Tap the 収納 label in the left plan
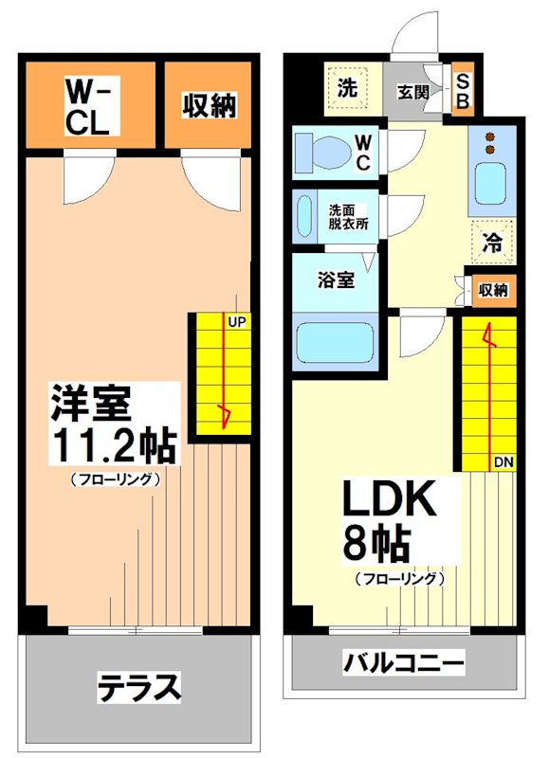click(209, 106)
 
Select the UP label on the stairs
click(237, 321)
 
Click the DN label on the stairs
click(503, 461)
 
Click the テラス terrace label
click(139, 687)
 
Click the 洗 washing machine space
click(348, 89)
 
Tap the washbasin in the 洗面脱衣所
click(304, 218)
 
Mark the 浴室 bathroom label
click(337, 280)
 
